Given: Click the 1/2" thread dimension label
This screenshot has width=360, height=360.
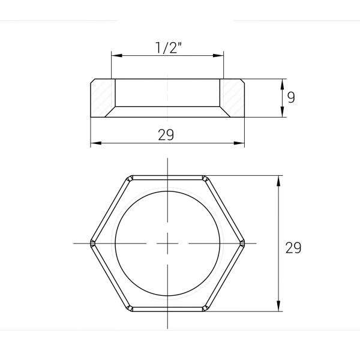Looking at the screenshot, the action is [x=168, y=47].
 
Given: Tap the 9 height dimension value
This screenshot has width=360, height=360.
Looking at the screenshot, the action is [x=291, y=97].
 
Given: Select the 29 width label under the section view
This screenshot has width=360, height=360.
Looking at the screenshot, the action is [x=166, y=135].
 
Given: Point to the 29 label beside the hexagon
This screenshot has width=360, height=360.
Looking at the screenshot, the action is [x=293, y=248].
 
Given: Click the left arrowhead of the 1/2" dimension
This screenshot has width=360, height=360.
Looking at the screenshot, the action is [x=116, y=56].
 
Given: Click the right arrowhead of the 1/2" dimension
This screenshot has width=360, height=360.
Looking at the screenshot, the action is [x=218, y=56].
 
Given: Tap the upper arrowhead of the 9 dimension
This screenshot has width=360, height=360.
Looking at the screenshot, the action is [x=283, y=84].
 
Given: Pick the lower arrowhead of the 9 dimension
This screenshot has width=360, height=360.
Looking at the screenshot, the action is [x=283, y=112].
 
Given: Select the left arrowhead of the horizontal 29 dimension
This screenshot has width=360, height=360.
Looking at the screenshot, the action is [x=96, y=143].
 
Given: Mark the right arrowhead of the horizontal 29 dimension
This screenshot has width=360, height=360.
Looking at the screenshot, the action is [x=239, y=143].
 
